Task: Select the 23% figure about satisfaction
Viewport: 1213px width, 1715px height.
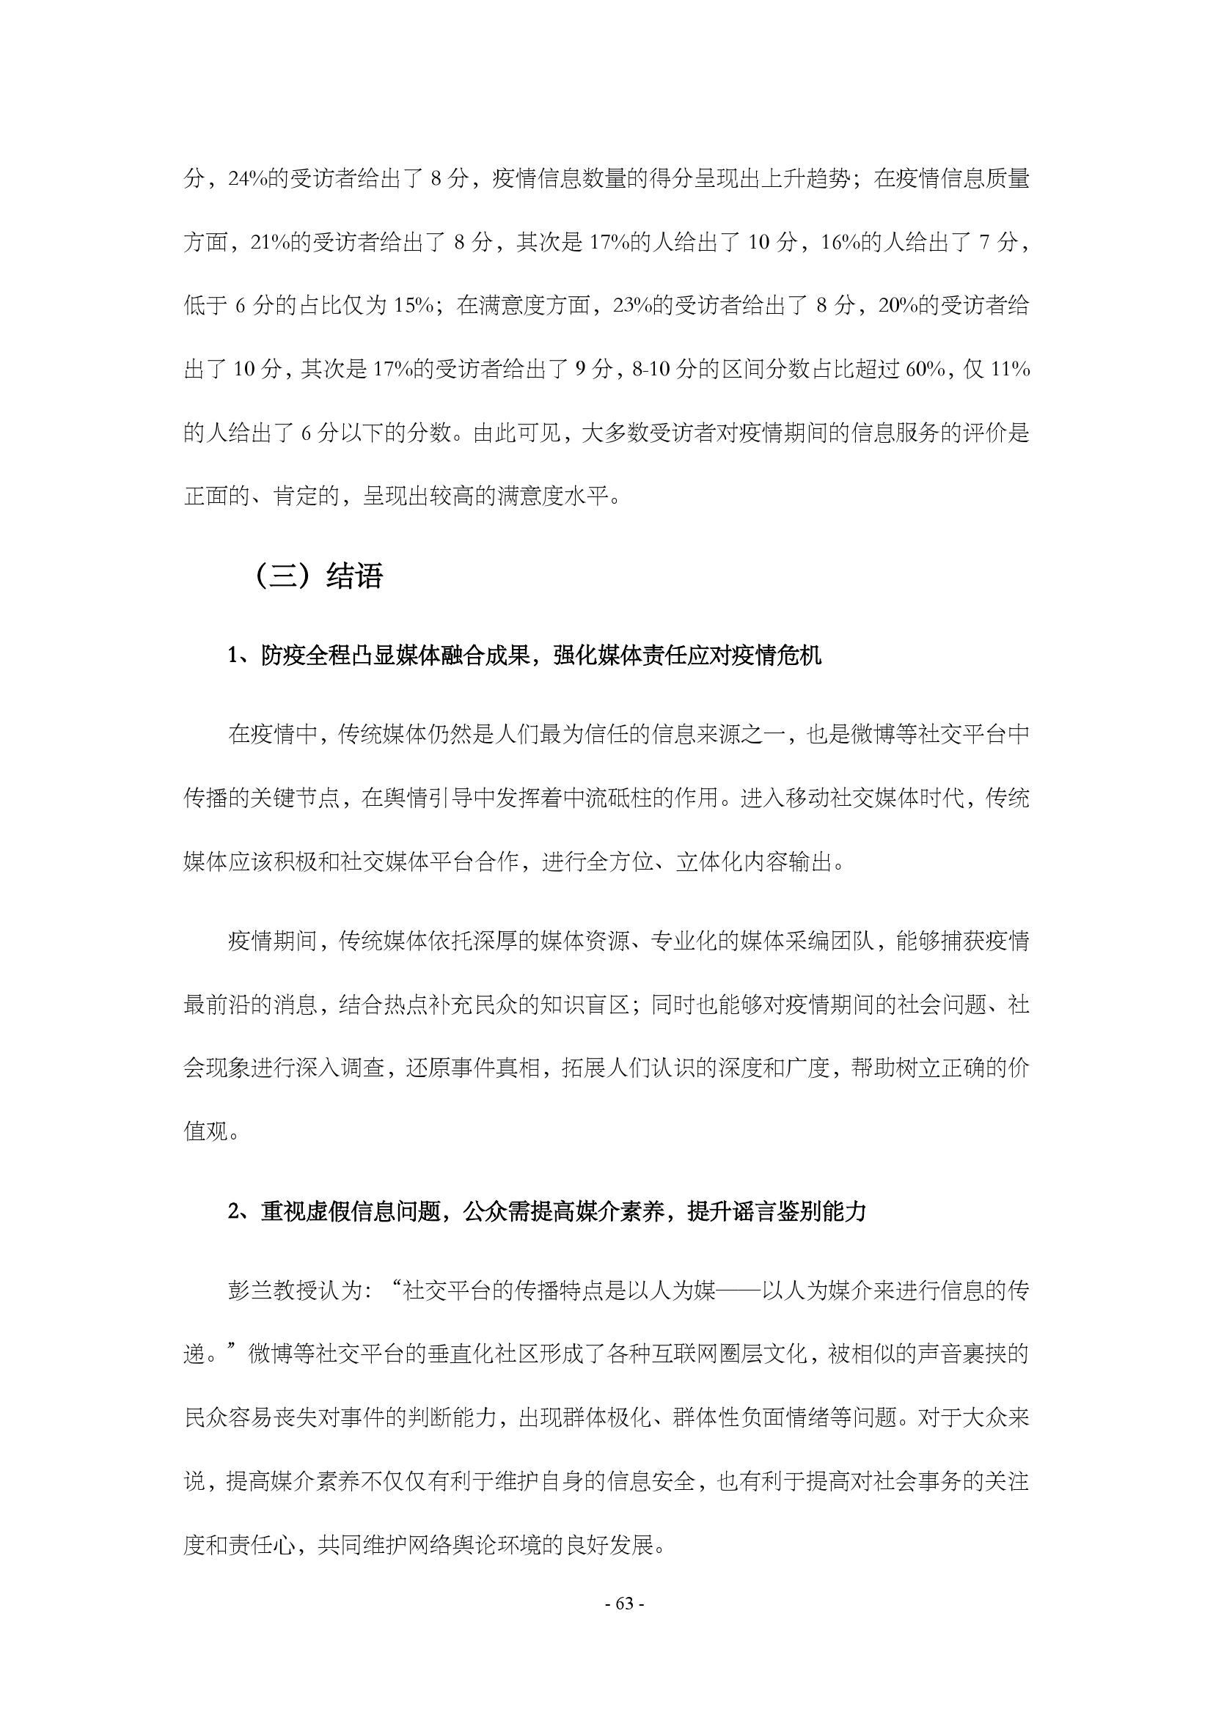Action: (x=632, y=306)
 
